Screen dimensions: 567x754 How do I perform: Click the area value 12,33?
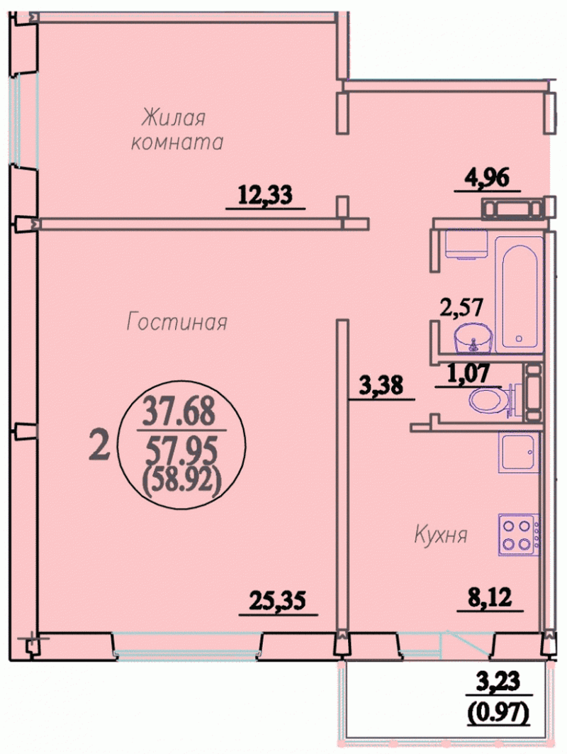(265, 196)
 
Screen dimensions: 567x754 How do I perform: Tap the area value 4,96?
(487, 178)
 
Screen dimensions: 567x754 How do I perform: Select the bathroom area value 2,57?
(461, 307)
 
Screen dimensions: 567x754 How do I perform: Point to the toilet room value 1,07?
(468, 372)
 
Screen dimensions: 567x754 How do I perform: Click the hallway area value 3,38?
(381, 386)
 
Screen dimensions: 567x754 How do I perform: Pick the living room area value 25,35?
(278, 601)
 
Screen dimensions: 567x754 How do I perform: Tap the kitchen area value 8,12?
(490, 598)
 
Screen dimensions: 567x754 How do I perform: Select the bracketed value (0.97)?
(498, 710)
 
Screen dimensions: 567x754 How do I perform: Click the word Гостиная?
(176, 322)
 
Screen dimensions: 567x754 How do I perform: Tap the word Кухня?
(441, 536)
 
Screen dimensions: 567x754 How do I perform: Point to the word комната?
(177, 143)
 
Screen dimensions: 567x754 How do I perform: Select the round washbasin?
(473, 338)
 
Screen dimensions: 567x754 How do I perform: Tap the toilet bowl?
(489, 399)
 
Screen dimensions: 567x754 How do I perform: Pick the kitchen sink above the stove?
(519, 453)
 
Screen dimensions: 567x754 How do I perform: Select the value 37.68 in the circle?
(181, 413)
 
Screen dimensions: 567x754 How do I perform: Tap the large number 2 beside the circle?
(101, 445)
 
